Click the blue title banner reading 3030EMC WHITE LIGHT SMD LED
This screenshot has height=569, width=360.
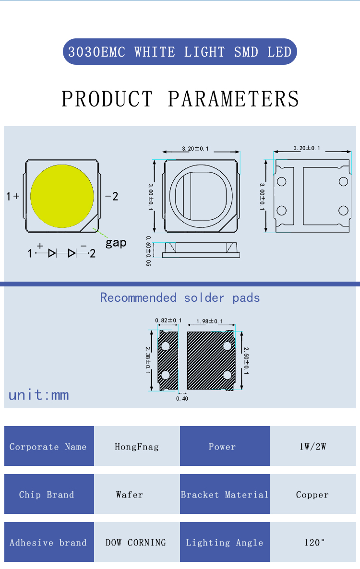point(180,52)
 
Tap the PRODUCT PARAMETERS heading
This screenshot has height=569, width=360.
point(180,98)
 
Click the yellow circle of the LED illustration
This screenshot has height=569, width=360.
point(62,196)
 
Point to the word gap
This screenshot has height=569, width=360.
point(116,242)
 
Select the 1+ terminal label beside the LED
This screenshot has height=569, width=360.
point(13,196)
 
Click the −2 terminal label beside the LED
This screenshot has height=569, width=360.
point(111,196)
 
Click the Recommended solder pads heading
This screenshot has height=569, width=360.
point(180,297)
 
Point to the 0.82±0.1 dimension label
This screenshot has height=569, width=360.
point(168,320)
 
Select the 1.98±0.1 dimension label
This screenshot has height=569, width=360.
point(210,320)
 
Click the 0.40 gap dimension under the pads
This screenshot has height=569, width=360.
point(182,398)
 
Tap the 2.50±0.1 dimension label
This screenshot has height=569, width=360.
point(246,361)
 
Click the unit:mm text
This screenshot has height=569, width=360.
point(39,395)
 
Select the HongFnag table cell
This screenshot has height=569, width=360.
point(137,447)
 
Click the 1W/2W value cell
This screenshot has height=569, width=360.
point(312,447)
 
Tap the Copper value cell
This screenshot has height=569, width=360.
point(312,495)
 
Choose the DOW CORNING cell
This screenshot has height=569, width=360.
point(137,543)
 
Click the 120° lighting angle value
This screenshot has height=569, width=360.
point(314,543)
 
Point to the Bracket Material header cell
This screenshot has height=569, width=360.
point(225,495)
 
